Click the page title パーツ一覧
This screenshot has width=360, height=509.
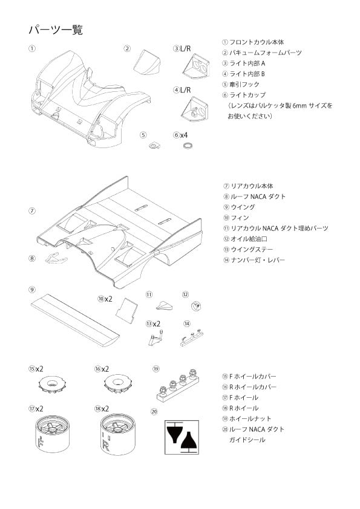tap(55, 30)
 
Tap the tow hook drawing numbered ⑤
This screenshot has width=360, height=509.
tap(154, 144)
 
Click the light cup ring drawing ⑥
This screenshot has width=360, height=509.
tap(188, 146)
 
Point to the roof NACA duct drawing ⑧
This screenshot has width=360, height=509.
tap(57, 258)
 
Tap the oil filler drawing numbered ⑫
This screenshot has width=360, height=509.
tap(195, 306)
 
